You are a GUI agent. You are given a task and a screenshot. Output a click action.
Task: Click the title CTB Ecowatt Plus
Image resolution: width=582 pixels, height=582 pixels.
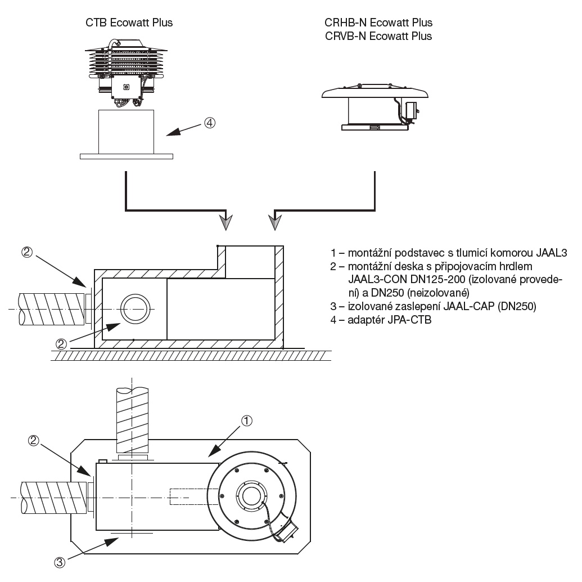click(129, 23)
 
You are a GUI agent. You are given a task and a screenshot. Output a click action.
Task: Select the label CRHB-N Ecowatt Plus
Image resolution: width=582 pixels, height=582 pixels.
click(378, 23)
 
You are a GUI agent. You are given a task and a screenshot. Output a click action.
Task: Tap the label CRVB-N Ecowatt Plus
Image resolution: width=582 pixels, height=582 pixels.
click(378, 36)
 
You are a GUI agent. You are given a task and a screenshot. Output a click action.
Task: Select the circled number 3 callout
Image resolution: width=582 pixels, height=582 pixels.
click(60, 561)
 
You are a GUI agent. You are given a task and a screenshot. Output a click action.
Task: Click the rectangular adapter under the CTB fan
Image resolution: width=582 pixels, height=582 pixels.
click(126, 132)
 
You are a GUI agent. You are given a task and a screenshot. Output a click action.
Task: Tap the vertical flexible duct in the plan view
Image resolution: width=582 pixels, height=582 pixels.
click(131, 419)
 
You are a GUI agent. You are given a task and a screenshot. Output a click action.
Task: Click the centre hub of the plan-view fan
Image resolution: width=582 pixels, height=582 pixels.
click(249, 496)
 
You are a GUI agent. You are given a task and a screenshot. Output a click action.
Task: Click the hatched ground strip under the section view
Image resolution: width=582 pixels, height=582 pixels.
click(191, 355)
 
